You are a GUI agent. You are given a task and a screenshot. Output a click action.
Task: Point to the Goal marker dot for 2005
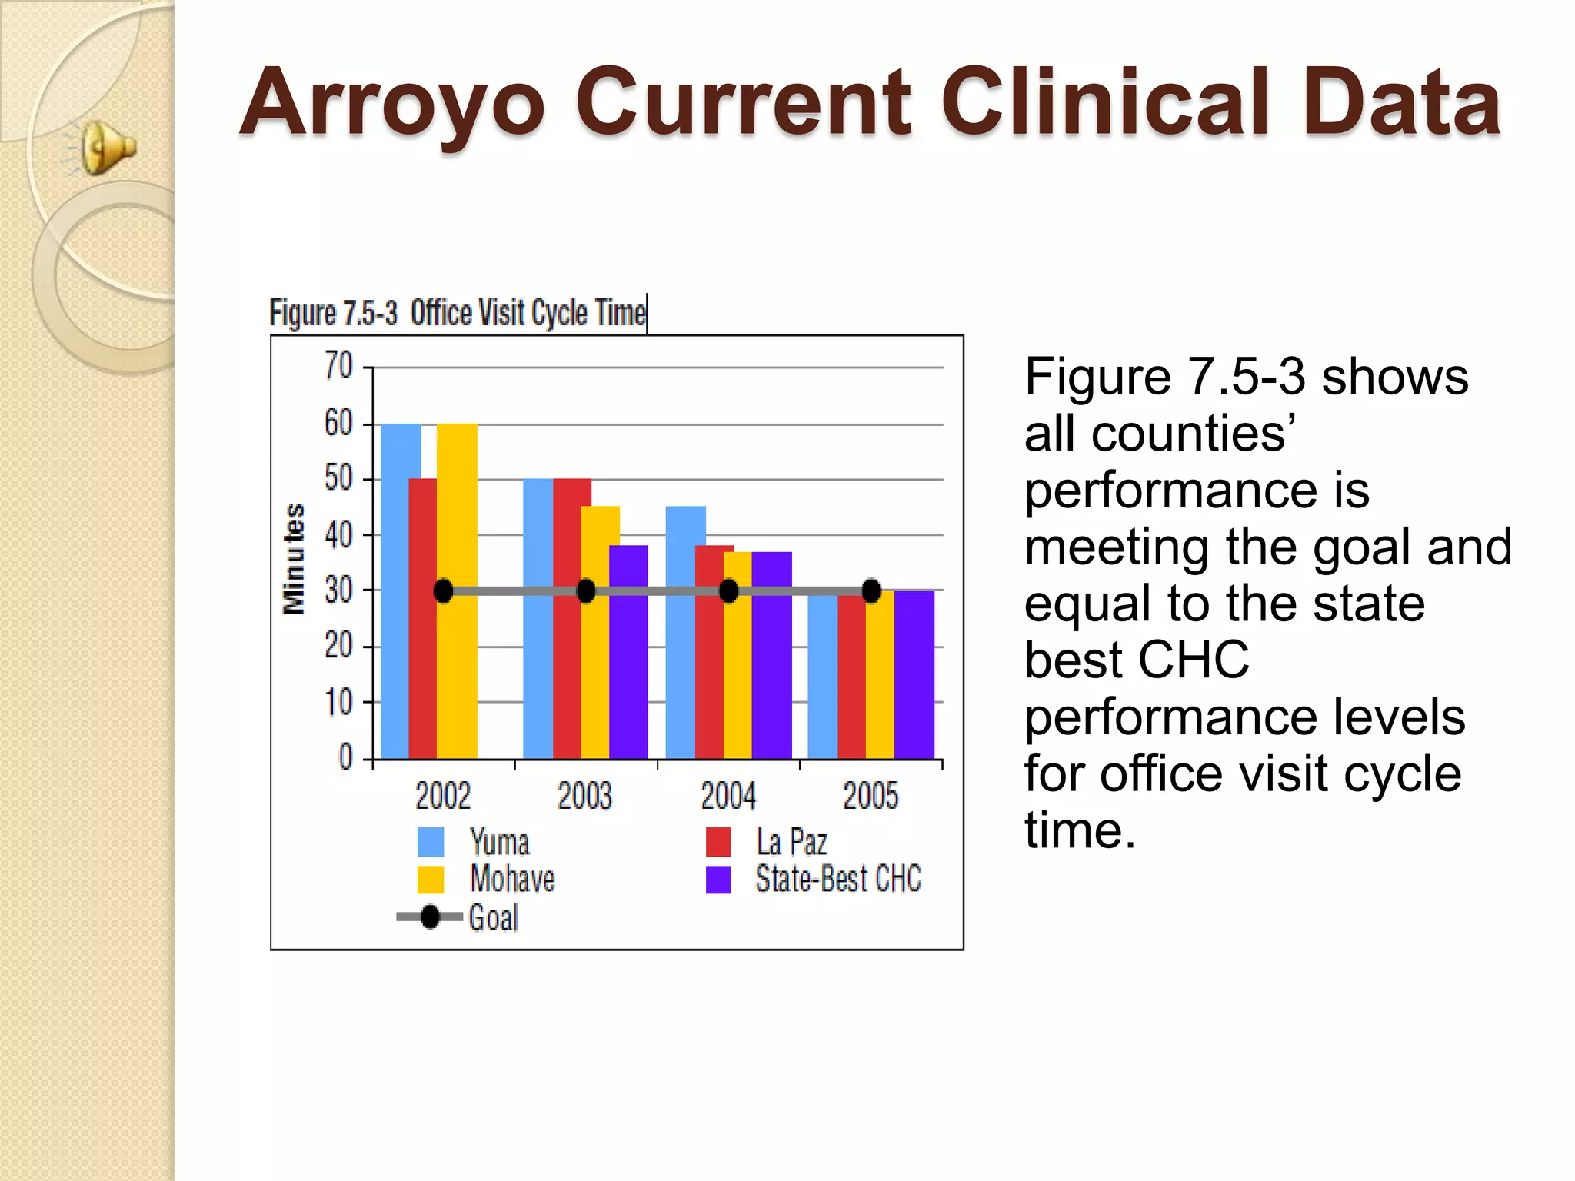[x=871, y=591]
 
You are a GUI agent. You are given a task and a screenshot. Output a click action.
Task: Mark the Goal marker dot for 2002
[x=444, y=591]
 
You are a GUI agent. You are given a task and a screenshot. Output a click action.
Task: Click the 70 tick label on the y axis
[x=338, y=366]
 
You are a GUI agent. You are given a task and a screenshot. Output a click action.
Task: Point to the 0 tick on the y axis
[x=345, y=757]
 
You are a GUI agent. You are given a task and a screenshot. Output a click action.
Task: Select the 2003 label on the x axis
[x=584, y=796]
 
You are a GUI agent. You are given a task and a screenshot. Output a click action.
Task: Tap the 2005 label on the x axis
[x=870, y=796]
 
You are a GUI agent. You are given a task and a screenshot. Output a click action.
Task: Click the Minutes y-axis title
[x=294, y=559]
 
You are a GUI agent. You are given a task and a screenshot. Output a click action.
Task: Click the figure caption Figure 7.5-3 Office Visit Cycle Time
[x=458, y=313]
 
